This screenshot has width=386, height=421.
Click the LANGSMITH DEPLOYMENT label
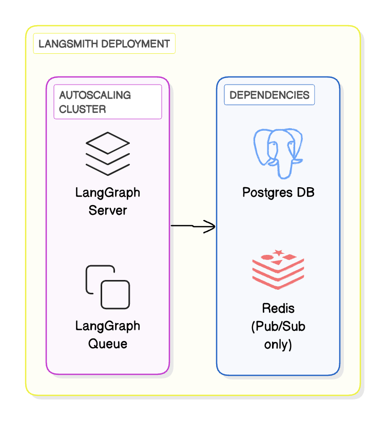point(104,44)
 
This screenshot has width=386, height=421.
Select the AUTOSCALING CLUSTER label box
point(108,102)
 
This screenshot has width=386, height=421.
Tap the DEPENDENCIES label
point(269,95)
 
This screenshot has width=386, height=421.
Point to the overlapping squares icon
point(107,287)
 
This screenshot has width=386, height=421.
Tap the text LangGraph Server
point(107,202)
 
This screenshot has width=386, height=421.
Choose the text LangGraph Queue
point(107,334)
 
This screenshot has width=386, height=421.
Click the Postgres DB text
point(278,193)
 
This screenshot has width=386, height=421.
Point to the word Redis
point(278,309)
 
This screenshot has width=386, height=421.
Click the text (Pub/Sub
point(278,327)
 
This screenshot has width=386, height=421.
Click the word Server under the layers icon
point(107,210)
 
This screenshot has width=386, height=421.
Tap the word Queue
point(107,343)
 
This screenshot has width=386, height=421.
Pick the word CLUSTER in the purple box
point(83,109)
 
